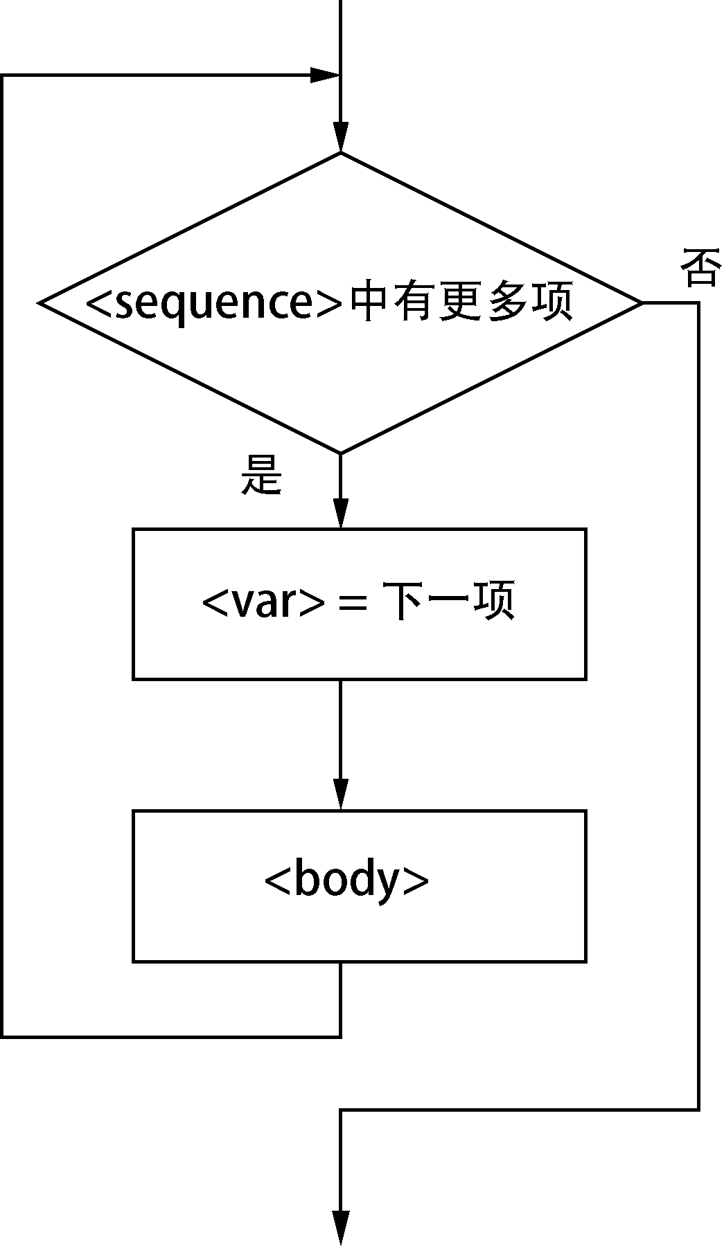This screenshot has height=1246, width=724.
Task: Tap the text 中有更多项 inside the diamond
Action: pos(461,303)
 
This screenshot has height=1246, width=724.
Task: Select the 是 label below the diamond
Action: pos(261,476)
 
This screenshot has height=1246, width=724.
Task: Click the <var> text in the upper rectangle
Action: pos(263,602)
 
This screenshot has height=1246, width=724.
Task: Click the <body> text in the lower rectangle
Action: pos(346,881)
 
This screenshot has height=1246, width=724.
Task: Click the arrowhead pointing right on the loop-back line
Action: pos(324,75)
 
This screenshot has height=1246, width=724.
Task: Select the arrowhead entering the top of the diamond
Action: pos(340,136)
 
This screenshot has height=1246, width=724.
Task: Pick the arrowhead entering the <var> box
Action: pos(340,514)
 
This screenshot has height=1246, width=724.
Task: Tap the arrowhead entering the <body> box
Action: pos(340,795)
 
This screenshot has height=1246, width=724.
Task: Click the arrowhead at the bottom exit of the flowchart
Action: pos(340,1229)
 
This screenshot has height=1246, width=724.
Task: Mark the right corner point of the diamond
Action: pos(642,303)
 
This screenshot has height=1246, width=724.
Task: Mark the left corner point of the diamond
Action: pos(39,303)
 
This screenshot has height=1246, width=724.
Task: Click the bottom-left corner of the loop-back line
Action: pos(3,1036)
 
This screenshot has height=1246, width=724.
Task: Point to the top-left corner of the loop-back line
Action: pos(3,75)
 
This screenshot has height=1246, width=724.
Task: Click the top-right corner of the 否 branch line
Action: pos(698,303)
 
